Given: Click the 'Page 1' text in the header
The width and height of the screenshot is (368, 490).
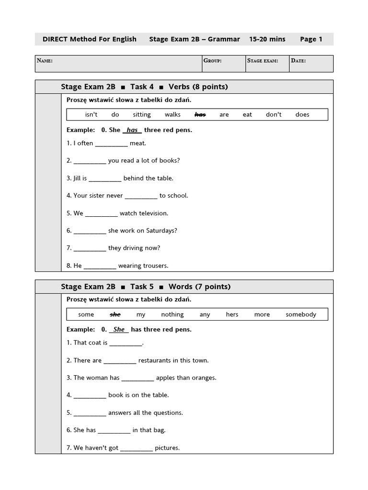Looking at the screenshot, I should coord(311,39).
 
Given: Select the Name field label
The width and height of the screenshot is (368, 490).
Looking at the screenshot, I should coord(45,61).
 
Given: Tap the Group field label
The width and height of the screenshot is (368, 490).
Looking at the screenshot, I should coord(212,61).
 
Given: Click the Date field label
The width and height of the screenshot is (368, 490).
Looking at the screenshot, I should coord(298,61).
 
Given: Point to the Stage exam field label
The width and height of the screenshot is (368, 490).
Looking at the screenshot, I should coord(263,61).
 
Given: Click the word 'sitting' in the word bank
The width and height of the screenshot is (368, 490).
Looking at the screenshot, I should coord(142,115).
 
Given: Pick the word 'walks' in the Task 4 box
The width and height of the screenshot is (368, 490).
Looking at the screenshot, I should coord(172,115).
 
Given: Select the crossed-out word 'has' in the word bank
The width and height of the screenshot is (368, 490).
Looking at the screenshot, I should coord(200,115).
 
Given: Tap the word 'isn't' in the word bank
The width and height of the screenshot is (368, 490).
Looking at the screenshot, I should coord(91,115).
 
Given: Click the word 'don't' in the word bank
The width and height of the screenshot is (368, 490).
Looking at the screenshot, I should coord(274,115).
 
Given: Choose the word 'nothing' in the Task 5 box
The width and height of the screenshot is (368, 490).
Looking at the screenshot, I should coord(172,315).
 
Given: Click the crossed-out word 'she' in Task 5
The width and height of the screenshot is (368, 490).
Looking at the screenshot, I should coord(115,315).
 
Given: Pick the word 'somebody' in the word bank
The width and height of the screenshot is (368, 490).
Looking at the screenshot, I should coord(301,315).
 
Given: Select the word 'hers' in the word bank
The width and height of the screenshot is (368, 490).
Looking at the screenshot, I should coord(232,315).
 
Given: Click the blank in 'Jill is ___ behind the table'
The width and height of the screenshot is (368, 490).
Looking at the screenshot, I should coord(105,178).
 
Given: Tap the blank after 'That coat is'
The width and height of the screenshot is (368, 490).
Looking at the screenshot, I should coord(126,343).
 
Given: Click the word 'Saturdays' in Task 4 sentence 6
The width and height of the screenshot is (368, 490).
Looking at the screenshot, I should coord(160,231).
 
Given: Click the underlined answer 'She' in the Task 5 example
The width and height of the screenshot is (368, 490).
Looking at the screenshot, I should coord(119,330).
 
